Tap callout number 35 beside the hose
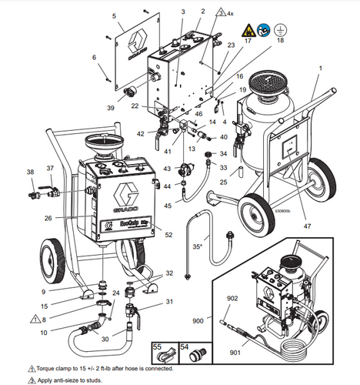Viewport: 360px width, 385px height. tap(196, 246)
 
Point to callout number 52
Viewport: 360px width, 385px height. tap(168, 236)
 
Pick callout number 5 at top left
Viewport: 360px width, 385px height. tap(114, 15)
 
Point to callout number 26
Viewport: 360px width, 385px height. tap(48, 219)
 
